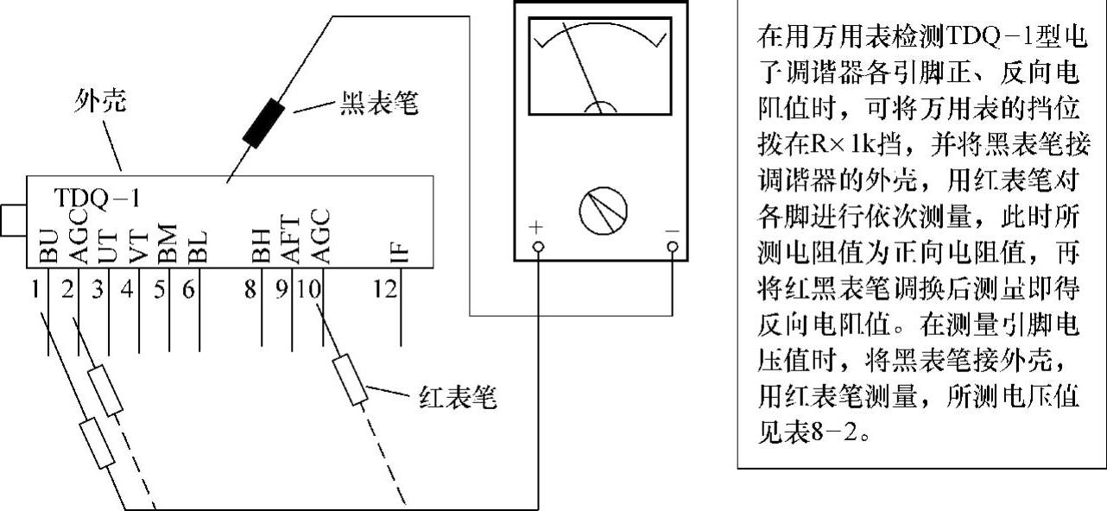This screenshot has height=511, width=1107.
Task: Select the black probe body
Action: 264,123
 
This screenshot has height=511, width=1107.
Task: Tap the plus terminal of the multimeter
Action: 539,248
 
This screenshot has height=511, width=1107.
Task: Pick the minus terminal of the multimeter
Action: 673,248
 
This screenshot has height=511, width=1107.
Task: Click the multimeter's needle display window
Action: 600,66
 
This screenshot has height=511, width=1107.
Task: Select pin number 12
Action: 386,289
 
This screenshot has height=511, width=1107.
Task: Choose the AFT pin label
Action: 289,238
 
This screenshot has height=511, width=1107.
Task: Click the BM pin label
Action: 168,243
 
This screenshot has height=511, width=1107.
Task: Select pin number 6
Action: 188,289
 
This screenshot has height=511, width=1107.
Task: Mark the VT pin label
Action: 139,245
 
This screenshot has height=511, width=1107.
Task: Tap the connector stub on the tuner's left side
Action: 12,220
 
